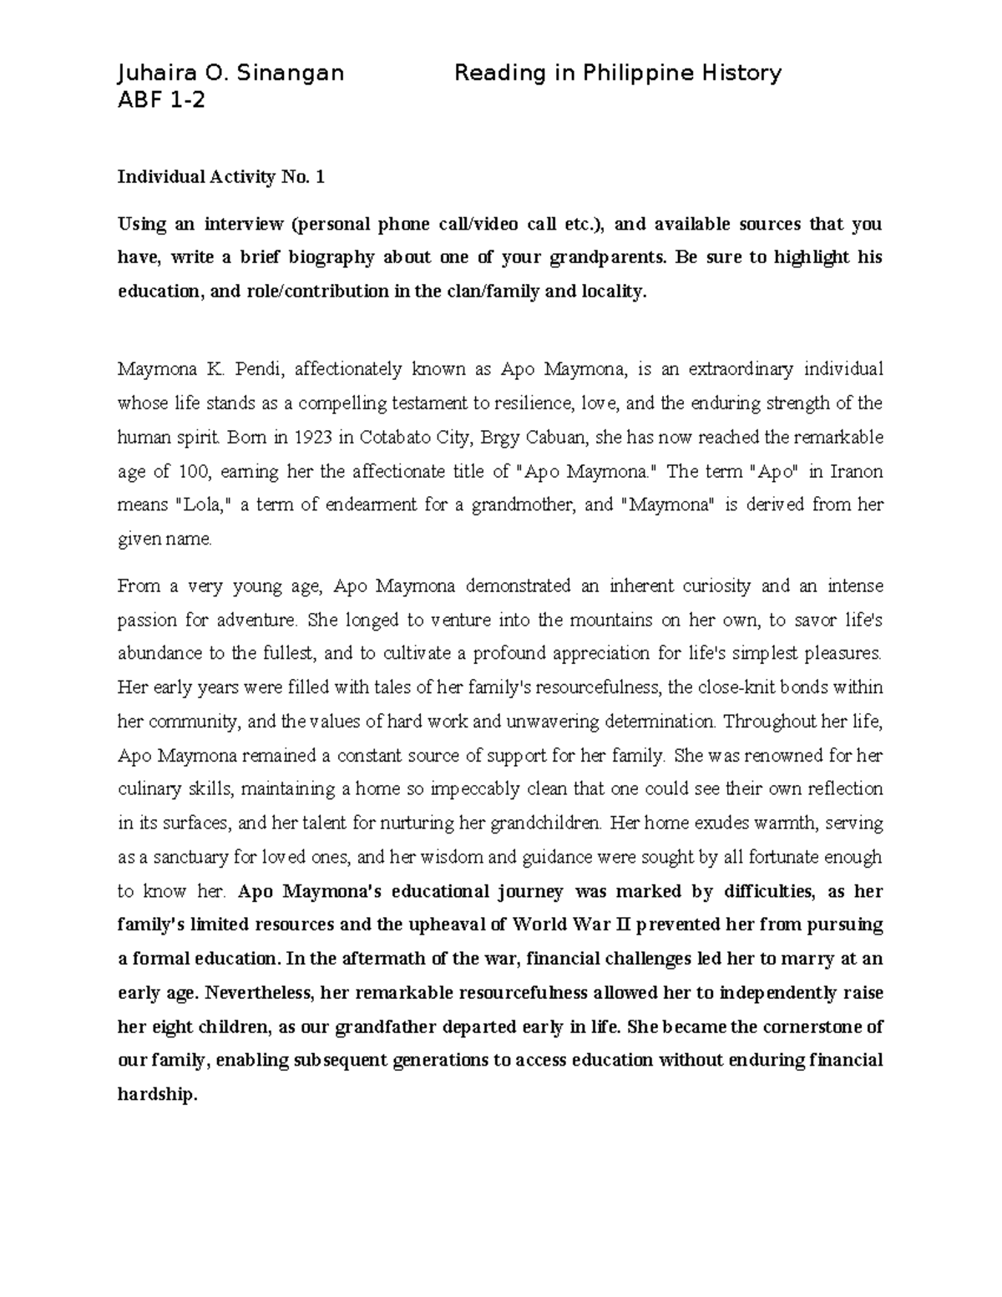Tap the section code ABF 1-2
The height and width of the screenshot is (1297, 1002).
pyautogui.click(x=160, y=100)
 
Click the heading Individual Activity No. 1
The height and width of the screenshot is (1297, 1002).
pyautogui.click(x=220, y=177)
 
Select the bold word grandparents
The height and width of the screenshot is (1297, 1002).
pyautogui.click(x=603, y=258)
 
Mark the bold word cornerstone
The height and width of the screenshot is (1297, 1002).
pyautogui.click(x=810, y=1027)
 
